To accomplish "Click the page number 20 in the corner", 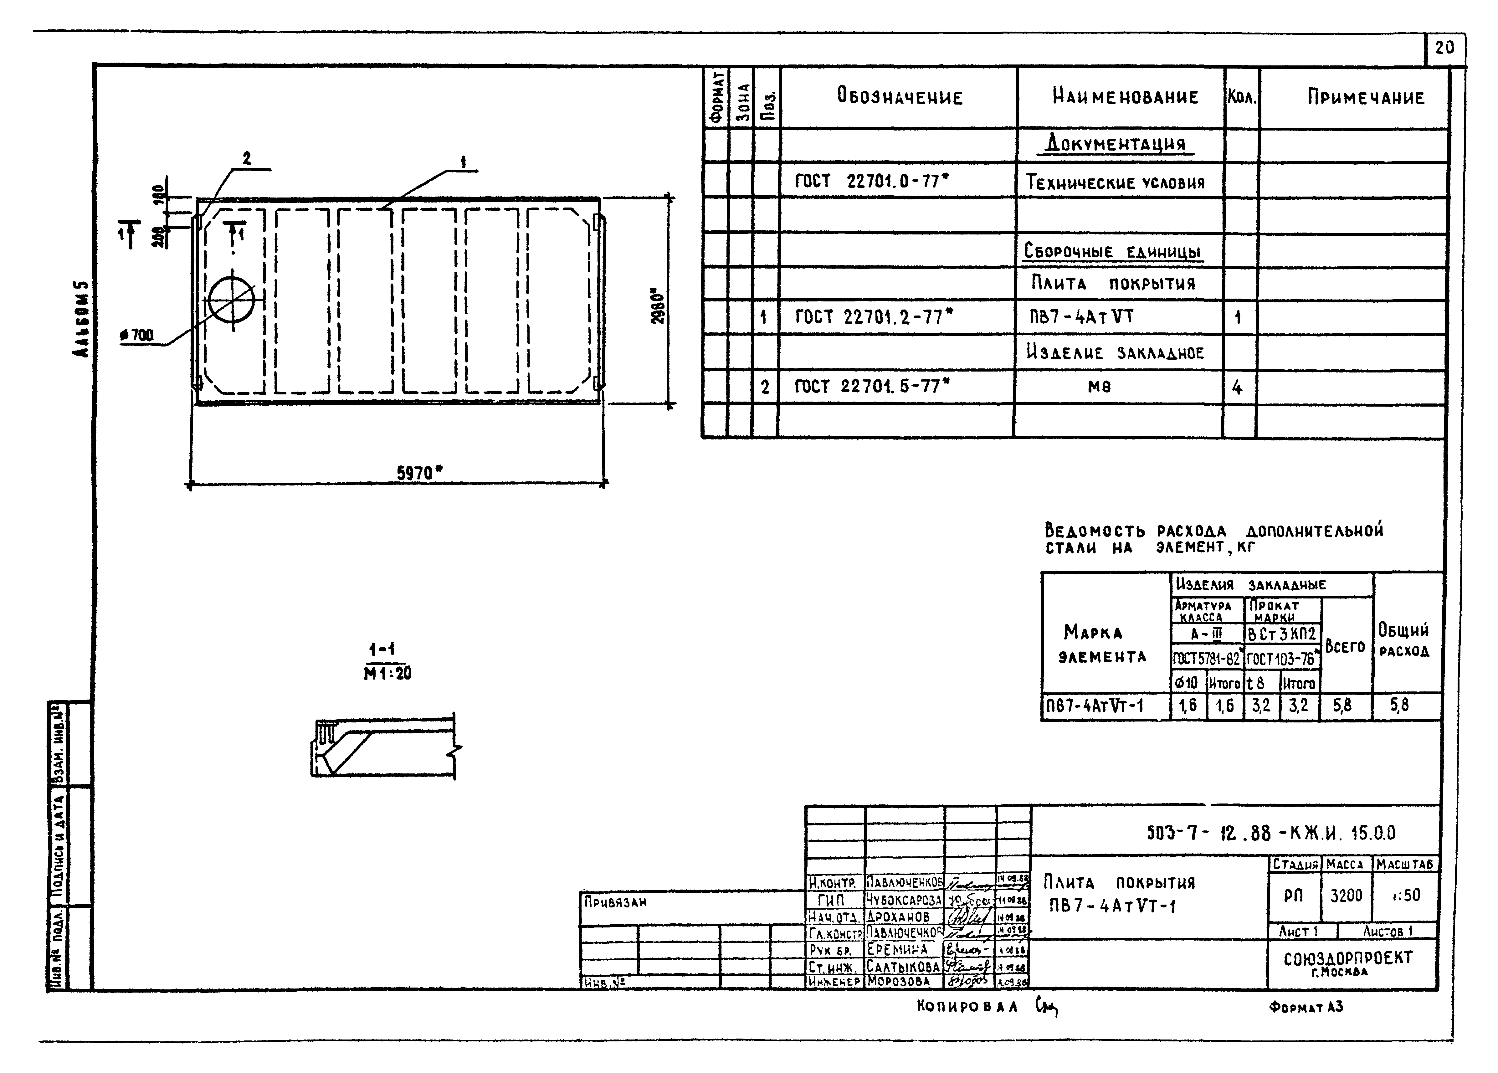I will pos(1444,48).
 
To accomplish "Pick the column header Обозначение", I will pos(900,98).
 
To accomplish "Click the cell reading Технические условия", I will pos(1115,182).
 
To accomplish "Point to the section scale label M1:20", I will pos(388,673).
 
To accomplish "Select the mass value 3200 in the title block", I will pos(1346,896).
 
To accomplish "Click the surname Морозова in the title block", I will pos(899,981).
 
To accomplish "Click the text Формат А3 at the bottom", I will pos(1306,1007).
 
